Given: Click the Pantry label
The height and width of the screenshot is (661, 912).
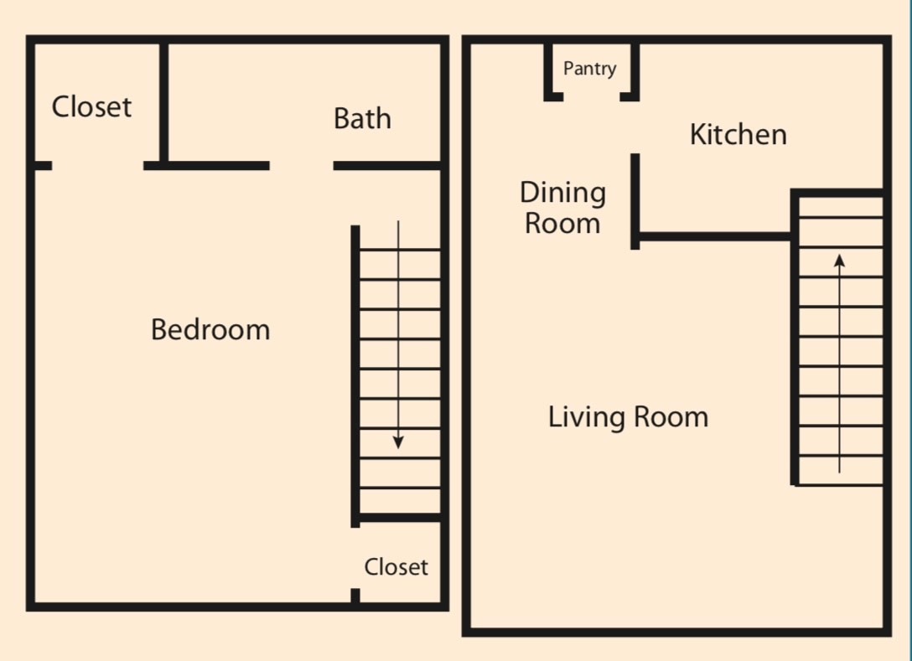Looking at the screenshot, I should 589,69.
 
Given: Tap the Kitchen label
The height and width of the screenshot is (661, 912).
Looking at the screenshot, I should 738,134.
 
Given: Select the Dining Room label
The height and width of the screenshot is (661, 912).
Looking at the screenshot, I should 562,208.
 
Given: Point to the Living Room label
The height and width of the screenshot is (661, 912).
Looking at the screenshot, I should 628,416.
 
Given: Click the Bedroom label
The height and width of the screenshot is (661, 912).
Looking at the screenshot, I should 210,329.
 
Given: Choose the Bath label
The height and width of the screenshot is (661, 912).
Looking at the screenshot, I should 362,119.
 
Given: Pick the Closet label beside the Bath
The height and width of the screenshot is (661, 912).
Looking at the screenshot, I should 91,106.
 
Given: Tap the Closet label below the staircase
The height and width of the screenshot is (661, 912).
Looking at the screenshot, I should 396,567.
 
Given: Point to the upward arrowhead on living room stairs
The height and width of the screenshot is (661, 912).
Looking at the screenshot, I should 840,261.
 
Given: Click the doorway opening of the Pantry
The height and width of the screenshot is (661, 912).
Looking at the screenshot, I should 591,97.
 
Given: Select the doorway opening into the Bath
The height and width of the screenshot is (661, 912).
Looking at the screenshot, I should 301,166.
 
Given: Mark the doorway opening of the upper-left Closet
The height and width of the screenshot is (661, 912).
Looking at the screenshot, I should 97,166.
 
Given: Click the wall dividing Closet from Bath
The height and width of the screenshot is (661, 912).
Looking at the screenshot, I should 164,101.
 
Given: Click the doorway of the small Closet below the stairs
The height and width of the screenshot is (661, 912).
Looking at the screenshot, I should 355,558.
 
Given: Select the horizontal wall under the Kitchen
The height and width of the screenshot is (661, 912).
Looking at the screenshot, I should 712,236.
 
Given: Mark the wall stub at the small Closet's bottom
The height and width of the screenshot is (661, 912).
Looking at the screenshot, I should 355,596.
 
